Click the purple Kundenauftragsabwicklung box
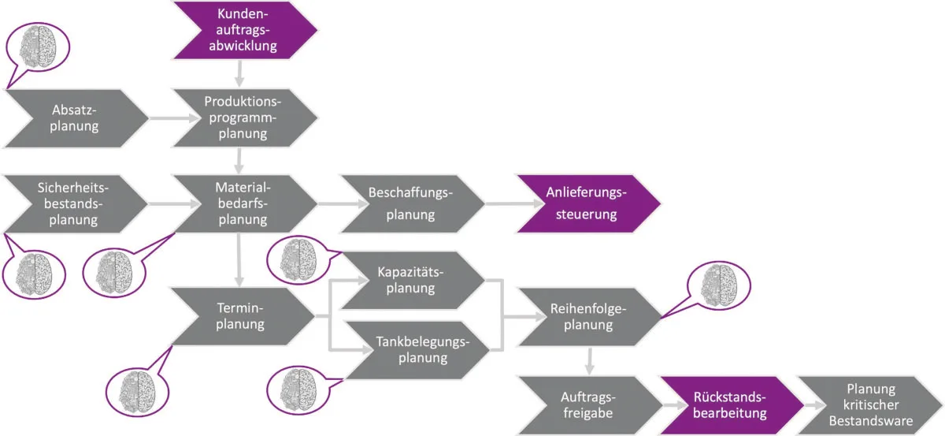[245, 30]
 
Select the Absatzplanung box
[76, 118]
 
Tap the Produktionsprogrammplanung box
[245, 118]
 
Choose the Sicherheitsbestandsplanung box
[76, 204]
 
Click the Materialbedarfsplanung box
[245, 204]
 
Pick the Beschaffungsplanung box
[413, 204]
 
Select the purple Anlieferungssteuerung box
[588, 203]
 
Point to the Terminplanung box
[243, 316]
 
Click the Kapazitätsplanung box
[413, 281]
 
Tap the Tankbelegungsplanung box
[417, 350]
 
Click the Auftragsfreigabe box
[590, 405]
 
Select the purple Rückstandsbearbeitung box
[732, 405]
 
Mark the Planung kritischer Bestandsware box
[870, 405]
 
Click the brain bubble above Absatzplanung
[38, 47]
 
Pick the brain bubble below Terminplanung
[138, 392]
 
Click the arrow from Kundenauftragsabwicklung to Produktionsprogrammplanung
[239, 74]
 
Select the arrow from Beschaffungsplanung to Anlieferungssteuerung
[514, 203]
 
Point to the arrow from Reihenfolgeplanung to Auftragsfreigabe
[590, 361]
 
